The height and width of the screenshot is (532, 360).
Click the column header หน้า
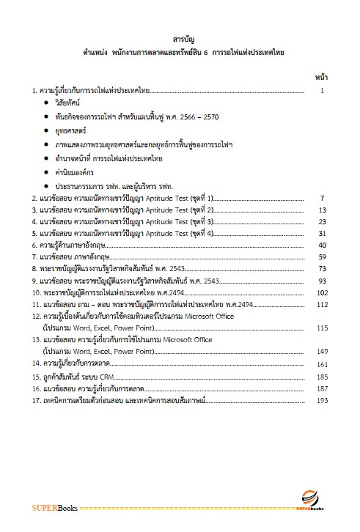[x=320, y=76]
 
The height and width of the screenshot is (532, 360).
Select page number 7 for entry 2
[x=322, y=199]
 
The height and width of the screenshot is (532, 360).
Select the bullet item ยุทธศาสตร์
[x=73, y=131]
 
